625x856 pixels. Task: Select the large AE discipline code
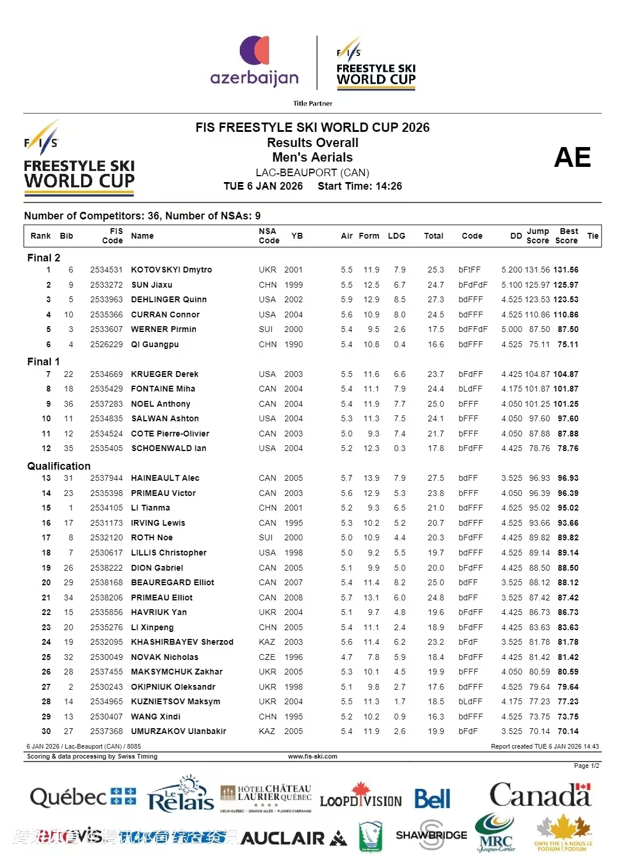point(572,158)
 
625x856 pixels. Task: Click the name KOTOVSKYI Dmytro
point(171,270)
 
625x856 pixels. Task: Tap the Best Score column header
point(567,236)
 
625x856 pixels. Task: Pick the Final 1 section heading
point(44,362)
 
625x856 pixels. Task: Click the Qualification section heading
point(59,466)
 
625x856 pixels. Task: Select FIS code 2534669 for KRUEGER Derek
point(106,374)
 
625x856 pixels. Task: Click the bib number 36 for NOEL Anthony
point(68,404)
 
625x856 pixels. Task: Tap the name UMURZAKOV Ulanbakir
point(178,731)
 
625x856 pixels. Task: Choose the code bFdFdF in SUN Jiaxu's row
point(473,285)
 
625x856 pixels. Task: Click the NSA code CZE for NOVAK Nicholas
point(267,657)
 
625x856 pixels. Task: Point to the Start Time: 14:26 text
point(359,186)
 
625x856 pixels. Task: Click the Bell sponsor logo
point(432,799)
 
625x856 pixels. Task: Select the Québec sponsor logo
point(83,797)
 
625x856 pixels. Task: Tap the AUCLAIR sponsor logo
point(294,838)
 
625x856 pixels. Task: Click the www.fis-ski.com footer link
point(313,756)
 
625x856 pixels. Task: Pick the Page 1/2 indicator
point(586,766)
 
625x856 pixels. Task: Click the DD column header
point(516,236)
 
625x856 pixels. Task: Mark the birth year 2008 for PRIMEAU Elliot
point(294,598)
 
